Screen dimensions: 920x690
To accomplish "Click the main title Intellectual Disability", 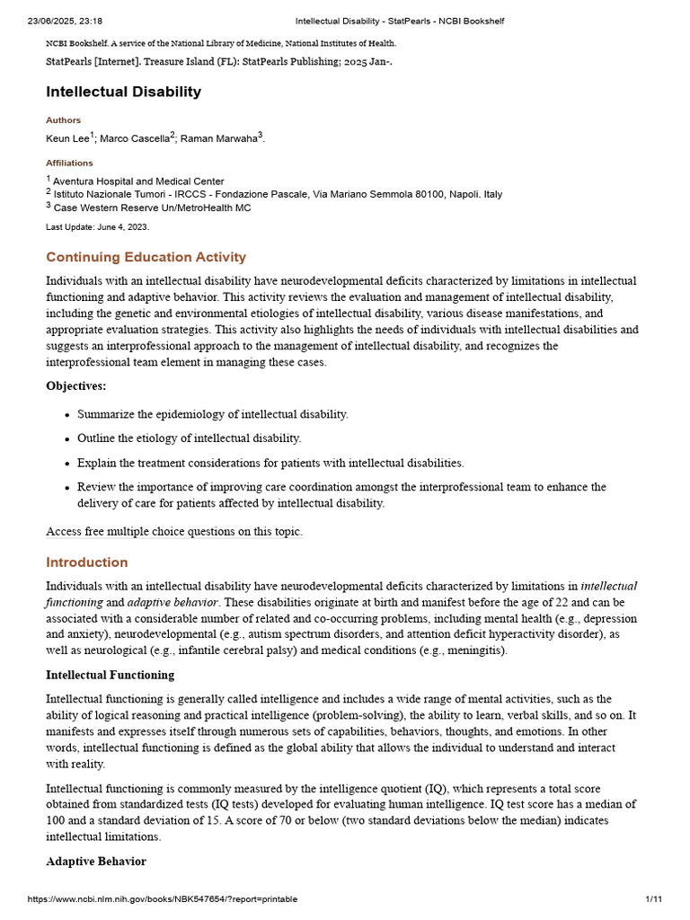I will pos(124,92).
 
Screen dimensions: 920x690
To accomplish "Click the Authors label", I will pos(63,120).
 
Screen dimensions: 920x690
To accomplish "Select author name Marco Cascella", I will pos(134,138).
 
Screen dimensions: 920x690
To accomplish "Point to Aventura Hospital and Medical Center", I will pos(138,181).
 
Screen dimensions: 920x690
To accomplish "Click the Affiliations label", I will pos(69,164).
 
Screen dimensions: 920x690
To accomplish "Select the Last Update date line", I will pos(97,227).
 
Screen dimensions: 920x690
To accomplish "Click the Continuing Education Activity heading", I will pos(146,258).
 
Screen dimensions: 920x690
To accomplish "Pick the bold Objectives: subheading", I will pos(75,386).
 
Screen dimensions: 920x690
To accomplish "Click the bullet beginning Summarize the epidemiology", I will pos(212,414).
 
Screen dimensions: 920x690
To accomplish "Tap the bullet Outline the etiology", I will pos(189,438).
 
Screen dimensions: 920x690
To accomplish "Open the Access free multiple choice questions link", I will pos(174,532).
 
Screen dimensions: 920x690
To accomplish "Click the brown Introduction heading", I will pos(87,562).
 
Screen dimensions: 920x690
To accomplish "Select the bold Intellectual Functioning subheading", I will pos(110,675).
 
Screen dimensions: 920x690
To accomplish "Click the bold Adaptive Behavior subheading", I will pos(96,862).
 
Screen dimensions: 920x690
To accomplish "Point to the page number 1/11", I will pos(653,899).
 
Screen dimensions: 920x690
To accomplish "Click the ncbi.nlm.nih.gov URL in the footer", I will pos(162,899).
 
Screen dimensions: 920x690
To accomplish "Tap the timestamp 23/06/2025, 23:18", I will pos(66,21).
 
